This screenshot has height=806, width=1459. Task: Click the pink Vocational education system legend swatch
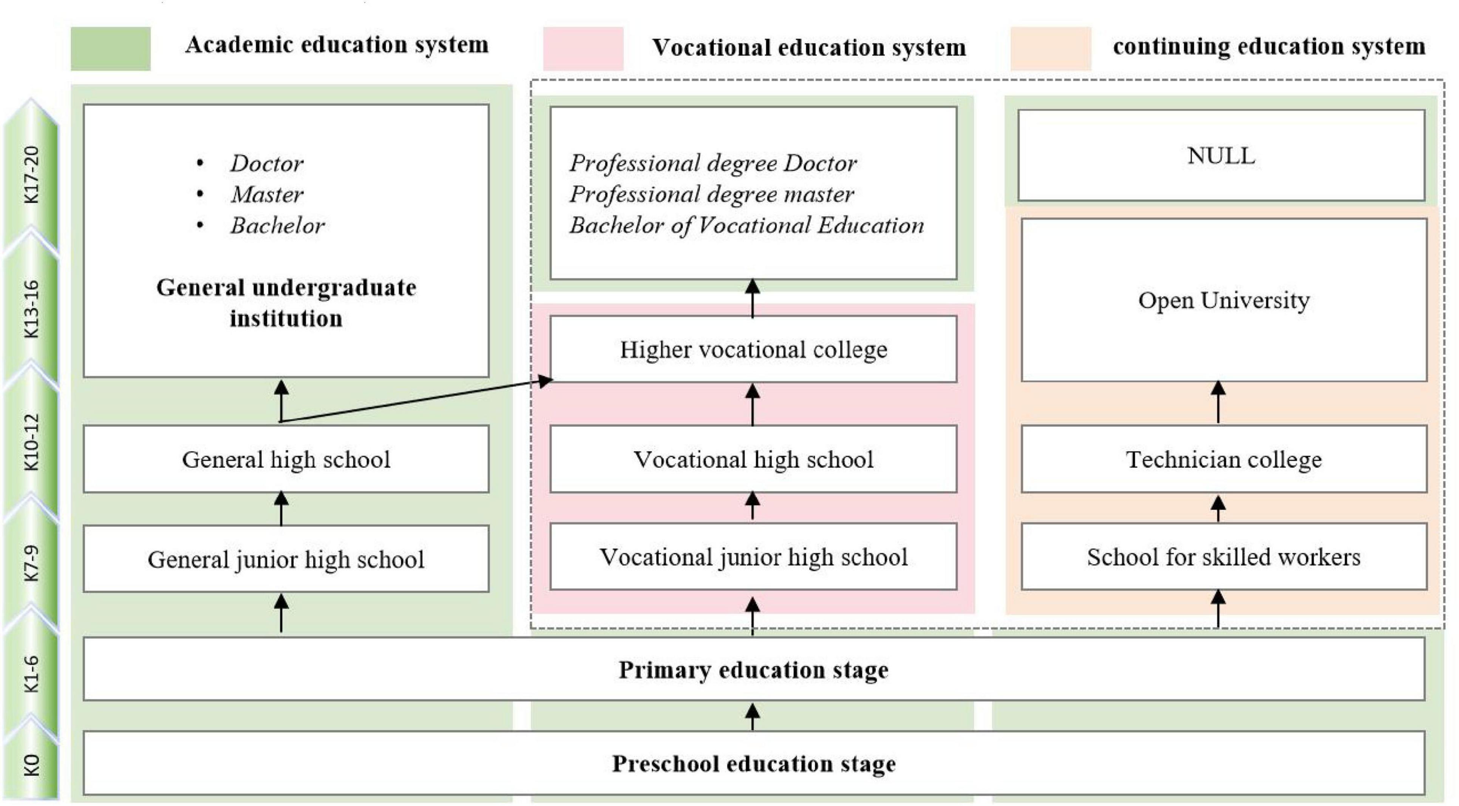point(583,49)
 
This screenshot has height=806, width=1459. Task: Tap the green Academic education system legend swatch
point(110,49)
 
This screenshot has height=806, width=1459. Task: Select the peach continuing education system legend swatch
point(1051,49)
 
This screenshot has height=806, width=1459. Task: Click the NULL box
point(1221,156)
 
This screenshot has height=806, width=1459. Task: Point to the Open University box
point(1223,300)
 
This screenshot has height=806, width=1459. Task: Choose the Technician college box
point(1223,459)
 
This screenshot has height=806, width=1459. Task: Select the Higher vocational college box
point(753,349)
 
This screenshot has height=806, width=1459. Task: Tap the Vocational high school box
point(753,459)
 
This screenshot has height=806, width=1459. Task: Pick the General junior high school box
point(286,559)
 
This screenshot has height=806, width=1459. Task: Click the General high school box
point(286,459)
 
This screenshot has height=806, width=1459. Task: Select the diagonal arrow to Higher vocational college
point(416,401)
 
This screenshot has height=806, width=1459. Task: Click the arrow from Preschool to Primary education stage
point(752,716)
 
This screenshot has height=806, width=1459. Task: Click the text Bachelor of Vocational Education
point(747,225)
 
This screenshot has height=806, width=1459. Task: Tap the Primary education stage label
point(753,670)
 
